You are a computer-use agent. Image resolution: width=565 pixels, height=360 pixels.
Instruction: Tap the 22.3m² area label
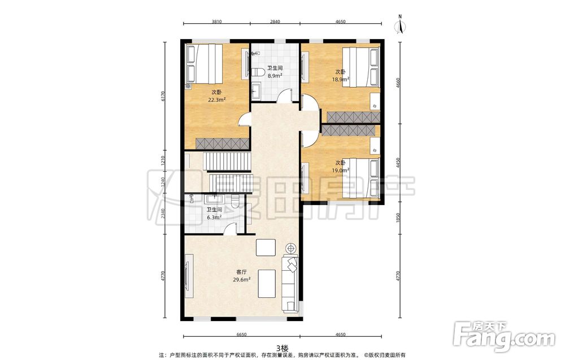click(216, 100)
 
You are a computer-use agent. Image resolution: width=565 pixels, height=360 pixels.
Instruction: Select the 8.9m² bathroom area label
click(274, 76)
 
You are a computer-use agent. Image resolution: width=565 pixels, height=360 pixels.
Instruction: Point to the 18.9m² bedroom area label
click(341, 79)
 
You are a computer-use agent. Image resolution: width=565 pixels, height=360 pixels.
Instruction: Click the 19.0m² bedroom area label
click(341, 171)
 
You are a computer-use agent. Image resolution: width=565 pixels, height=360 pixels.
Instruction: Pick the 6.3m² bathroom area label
click(214, 217)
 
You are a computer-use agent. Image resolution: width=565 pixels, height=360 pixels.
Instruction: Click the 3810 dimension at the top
click(216, 21)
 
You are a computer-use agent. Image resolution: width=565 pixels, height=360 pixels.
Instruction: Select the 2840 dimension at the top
click(275, 21)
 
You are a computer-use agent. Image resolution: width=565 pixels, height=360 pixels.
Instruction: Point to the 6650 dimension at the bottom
click(241, 335)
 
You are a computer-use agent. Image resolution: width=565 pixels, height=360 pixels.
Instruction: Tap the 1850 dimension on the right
click(398, 218)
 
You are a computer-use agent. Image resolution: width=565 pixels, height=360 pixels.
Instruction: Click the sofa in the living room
click(290, 283)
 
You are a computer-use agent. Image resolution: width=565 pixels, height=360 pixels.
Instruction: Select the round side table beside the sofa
click(290, 248)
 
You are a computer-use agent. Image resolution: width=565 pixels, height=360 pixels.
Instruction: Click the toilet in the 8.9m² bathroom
click(256, 72)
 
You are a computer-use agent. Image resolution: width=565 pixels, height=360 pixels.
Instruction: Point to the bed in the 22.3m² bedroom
click(205, 64)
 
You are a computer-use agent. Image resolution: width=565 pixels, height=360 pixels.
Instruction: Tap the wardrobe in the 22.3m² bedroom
click(223, 144)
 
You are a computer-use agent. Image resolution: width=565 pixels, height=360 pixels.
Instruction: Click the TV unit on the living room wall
click(189, 276)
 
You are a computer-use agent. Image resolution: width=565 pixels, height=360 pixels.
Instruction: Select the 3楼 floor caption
click(282, 348)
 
